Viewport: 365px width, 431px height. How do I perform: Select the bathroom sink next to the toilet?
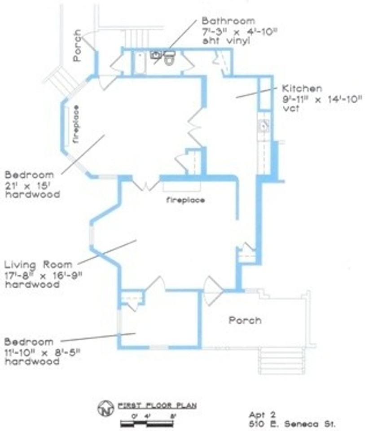(156, 55)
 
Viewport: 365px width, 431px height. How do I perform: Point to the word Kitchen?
(302, 88)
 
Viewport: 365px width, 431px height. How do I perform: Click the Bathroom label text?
(228, 21)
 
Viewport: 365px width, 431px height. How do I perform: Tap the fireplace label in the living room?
(185, 200)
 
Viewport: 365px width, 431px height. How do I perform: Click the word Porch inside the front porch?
(245, 320)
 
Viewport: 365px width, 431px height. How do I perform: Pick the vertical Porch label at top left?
(78, 45)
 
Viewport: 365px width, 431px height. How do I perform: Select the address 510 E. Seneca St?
(291, 423)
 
